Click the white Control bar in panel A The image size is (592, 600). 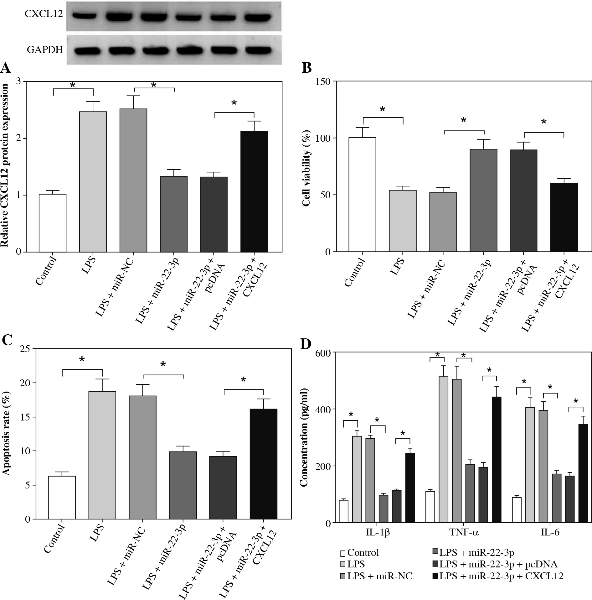pos(52,223)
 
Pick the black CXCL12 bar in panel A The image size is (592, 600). pos(254,191)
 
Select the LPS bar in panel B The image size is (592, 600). pos(403,221)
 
